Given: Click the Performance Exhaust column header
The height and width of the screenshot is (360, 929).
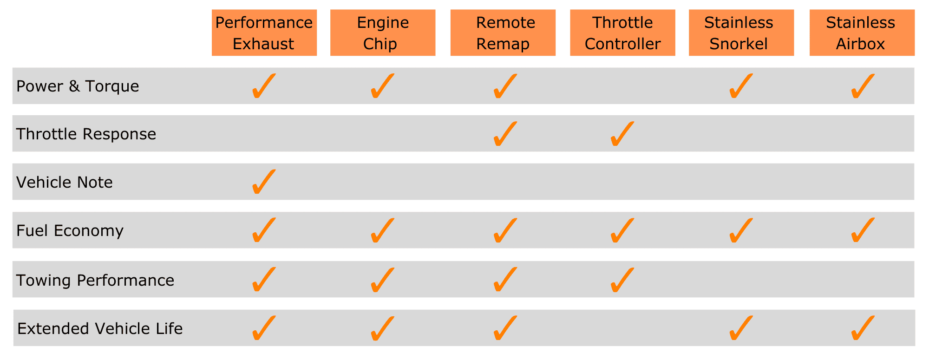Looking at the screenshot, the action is tap(264, 33).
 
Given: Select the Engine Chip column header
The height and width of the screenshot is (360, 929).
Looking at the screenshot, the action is tap(383, 33).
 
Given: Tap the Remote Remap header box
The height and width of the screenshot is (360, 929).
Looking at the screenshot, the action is tap(503, 33).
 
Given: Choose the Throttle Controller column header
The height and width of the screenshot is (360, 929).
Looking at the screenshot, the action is tap(622, 33).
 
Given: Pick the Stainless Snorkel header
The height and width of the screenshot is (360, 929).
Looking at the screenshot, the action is tap(741, 33).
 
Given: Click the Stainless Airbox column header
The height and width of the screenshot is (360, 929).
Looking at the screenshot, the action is tap(862, 33).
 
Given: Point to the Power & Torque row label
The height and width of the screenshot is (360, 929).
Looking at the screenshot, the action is tap(78, 86).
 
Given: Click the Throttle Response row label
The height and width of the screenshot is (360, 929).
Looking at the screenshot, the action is tap(86, 134).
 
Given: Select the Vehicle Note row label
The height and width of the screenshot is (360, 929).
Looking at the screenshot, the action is tap(65, 182).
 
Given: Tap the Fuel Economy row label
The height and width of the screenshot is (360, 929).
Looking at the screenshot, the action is tap(70, 231).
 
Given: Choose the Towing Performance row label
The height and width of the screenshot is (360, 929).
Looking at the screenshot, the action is tap(95, 280).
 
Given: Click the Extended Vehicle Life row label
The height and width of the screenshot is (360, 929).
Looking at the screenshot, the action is tap(100, 328).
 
